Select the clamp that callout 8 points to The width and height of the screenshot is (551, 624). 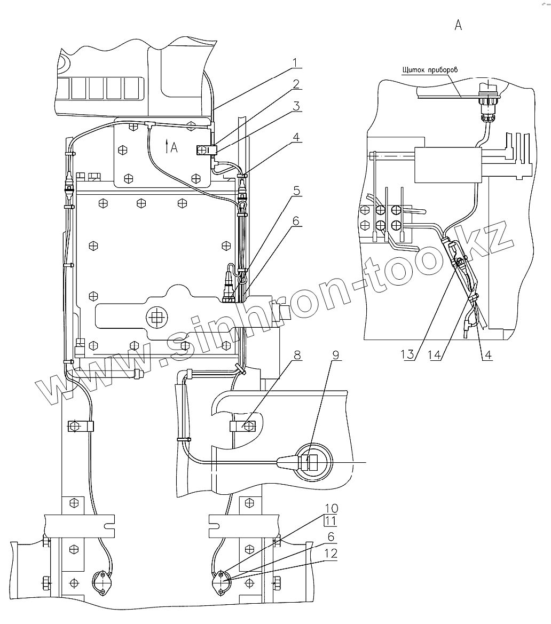click(x=241, y=426)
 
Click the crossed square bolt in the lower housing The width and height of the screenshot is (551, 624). click(x=156, y=318)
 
